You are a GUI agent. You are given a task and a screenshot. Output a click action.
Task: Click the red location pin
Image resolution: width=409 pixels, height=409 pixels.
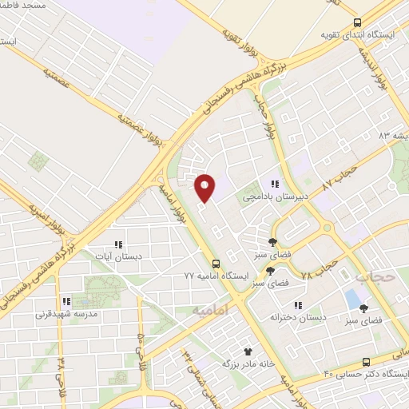point(204,187)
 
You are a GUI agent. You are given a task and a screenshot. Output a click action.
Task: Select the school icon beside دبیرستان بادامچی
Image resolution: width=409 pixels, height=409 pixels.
point(276,185)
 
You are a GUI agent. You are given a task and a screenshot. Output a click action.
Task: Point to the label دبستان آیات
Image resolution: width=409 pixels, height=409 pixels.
point(118,257)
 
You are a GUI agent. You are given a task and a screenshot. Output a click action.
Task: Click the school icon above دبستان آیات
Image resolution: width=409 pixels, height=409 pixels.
point(118,245)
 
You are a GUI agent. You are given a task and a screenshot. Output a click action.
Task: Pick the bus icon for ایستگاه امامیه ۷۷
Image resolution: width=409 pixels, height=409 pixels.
point(215,263)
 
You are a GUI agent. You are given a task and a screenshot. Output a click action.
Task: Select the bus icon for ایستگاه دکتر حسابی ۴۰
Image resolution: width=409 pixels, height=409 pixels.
point(367,362)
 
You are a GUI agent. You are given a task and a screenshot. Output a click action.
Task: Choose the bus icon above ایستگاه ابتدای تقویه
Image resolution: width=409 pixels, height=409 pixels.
point(357,22)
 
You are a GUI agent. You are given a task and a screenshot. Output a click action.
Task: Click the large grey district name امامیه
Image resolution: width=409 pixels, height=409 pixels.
point(210,308)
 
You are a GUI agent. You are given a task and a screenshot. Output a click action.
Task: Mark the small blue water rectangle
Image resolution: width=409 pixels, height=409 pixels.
point(351,300)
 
